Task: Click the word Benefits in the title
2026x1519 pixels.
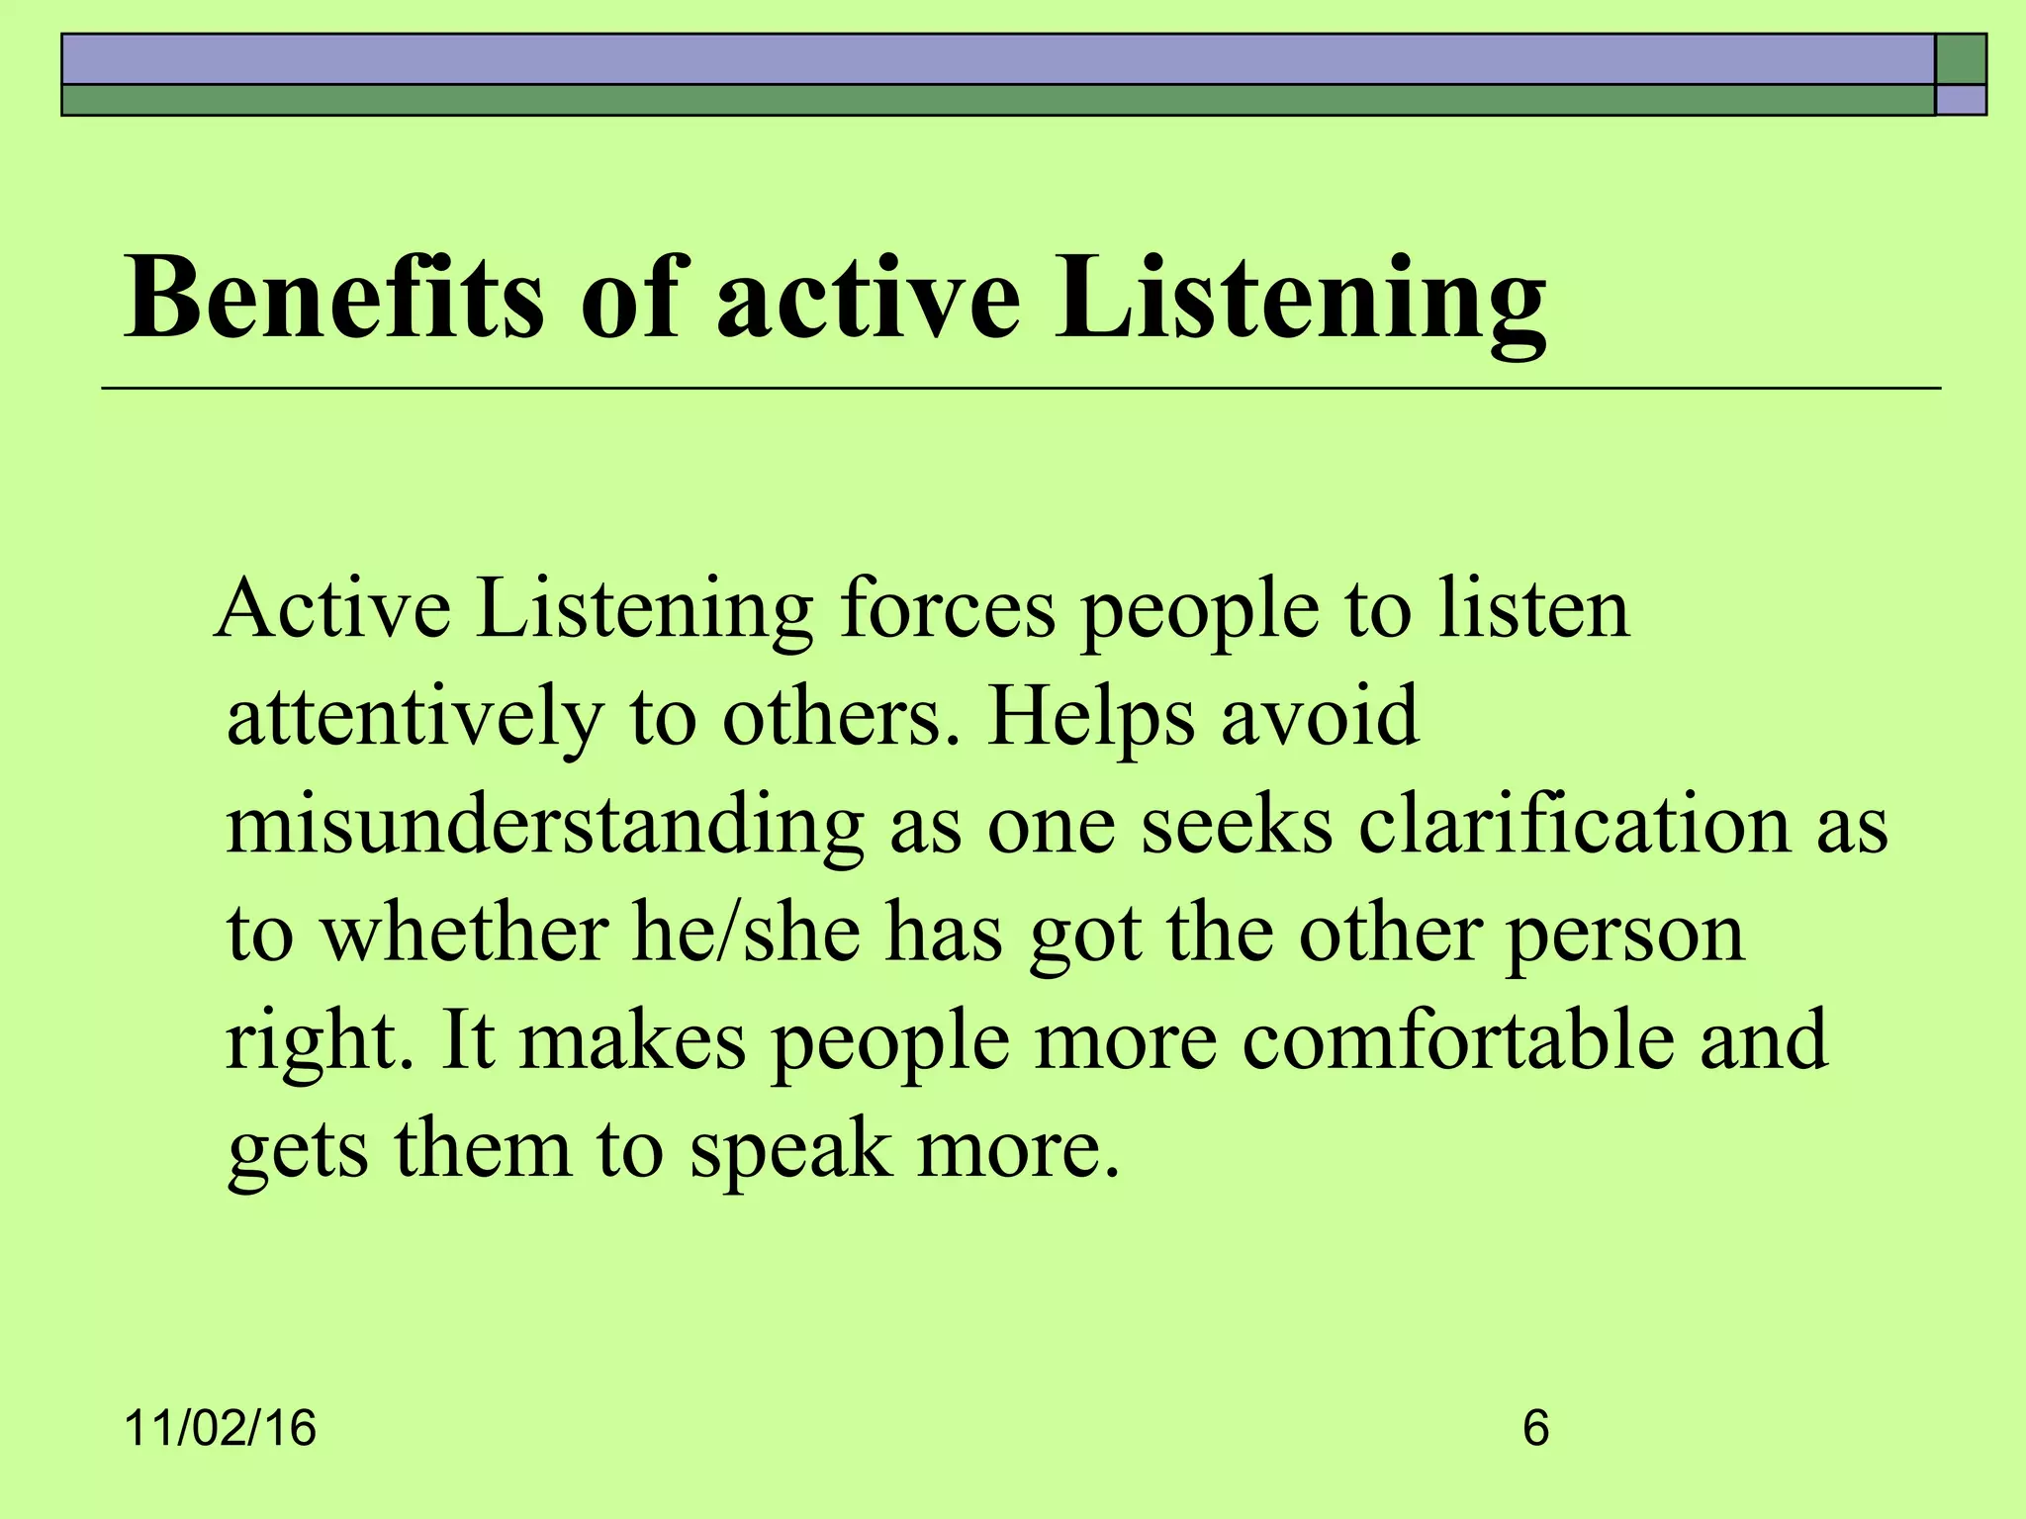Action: point(333,297)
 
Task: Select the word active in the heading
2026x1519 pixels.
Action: point(868,297)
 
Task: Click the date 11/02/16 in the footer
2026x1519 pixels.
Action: point(221,1429)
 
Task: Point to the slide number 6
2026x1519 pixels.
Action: point(1535,1429)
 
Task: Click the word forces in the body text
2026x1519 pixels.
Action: point(948,609)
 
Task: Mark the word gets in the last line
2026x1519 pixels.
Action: point(298,1152)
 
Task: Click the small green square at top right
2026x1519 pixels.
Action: point(1961,59)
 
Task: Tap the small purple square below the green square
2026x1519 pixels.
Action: point(1961,100)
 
